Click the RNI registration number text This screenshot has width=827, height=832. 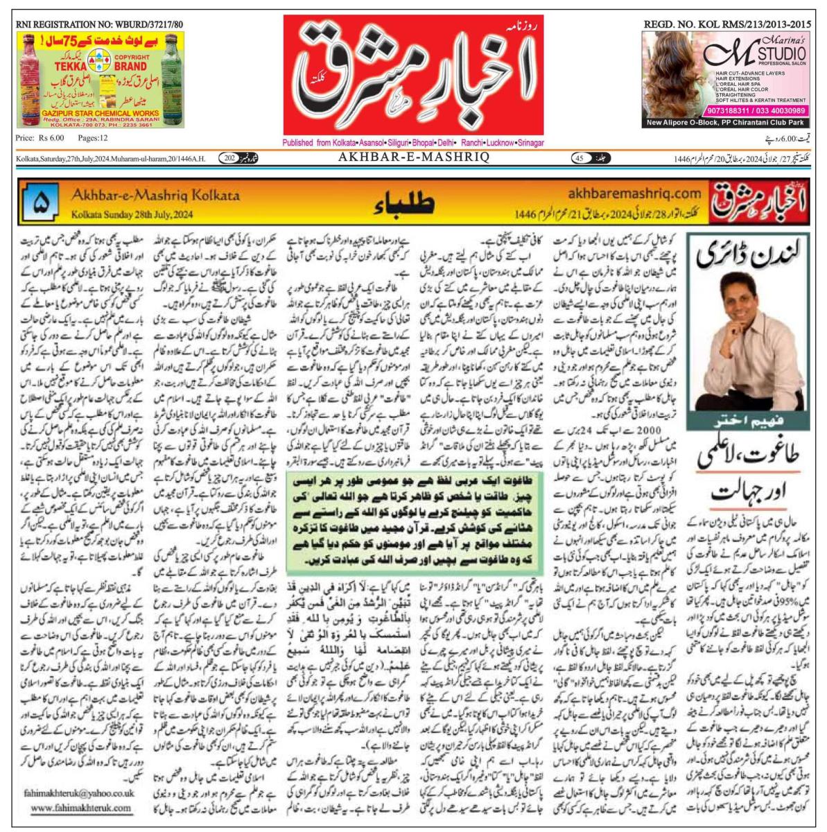(x=99, y=24)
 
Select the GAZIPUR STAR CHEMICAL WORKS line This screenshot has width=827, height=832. (x=100, y=112)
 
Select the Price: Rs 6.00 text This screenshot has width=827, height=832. (x=40, y=139)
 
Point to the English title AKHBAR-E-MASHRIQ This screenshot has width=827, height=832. (x=414, y=158)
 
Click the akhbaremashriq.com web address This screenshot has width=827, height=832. (x=634, y=193)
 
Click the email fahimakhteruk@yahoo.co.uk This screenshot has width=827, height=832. (x=84, y=793)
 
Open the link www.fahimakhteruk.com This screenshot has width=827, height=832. (x=81, y=808)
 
